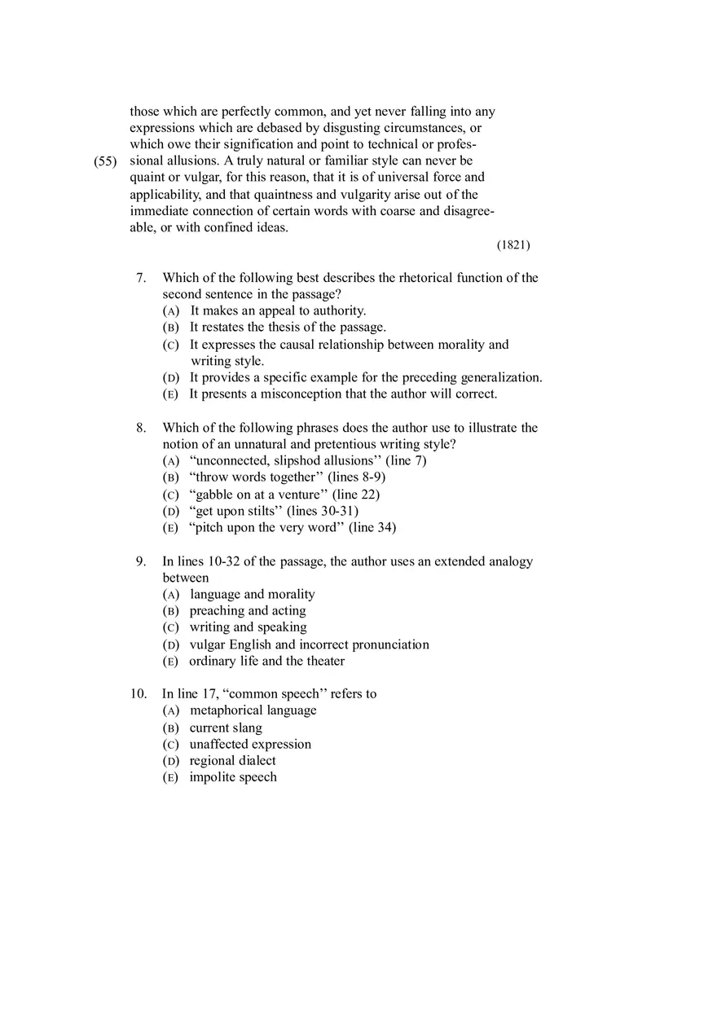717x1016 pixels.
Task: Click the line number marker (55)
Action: (106, 161)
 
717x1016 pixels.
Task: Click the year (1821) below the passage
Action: (513, 244)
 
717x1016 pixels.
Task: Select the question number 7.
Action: (141, 278)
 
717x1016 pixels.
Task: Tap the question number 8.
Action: (141, 428)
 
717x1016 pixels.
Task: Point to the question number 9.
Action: (141, 561)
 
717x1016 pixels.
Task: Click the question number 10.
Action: (139, 694)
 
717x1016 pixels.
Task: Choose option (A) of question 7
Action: (171, 311)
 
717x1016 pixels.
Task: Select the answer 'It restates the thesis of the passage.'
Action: (288, 328)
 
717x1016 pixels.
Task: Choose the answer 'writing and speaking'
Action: (248, 627)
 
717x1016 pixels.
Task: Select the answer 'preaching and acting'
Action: (248, 611)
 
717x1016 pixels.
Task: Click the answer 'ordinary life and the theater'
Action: (266, 661)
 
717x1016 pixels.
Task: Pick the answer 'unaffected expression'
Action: (250, 745)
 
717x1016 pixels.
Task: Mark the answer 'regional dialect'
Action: (232, 761)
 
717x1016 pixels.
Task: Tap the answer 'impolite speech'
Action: (233, 777)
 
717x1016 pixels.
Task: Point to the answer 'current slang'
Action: (226, 728)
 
